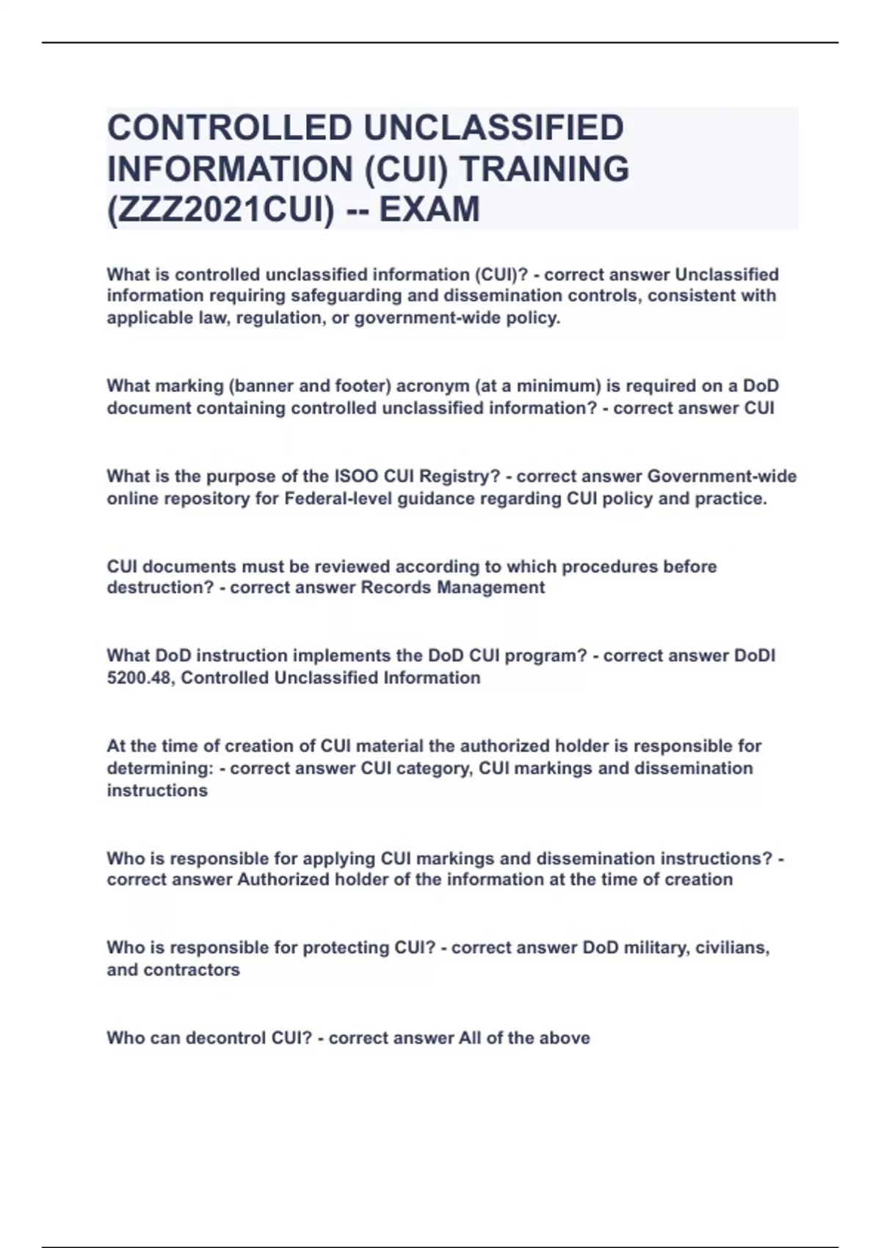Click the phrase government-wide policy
(x=457, y=319)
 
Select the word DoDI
(x=755, y=655)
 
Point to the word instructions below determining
(x=157, y=791)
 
